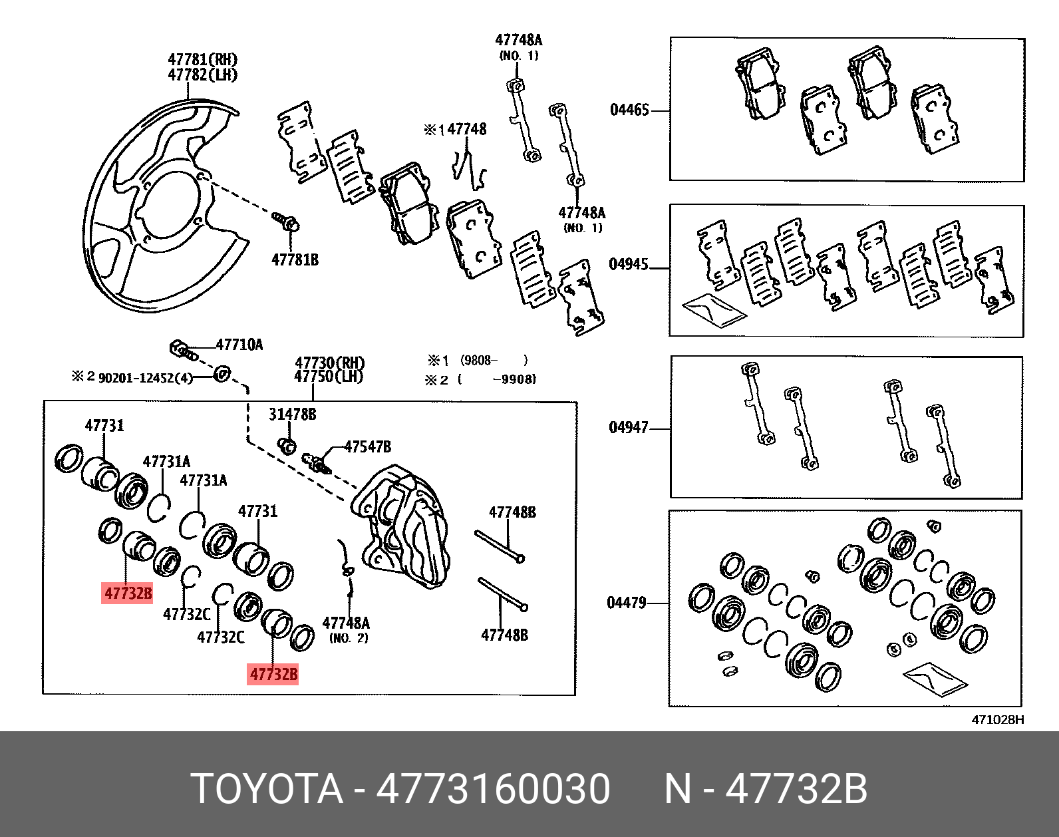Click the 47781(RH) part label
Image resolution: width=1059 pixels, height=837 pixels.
[x=202, y=60]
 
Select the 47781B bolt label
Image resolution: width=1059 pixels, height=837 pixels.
[x=295, y=259]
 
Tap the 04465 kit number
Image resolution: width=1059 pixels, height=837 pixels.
[x=629, y=110]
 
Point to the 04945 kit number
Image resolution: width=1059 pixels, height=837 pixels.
[x=629, y=264]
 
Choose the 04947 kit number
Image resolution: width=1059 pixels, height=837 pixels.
[x=629, y=427]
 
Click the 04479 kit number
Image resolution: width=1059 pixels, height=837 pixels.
[x=627, y=603]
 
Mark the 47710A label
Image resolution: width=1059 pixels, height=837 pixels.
[x=239, y=345]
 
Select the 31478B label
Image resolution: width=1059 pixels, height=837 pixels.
[x=292, y=415]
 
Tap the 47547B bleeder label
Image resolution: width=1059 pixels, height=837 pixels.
[x=367, y=446]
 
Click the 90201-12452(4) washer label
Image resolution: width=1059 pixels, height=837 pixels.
[x=145, y=378]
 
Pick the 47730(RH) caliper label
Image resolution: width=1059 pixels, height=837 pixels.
[x=330, y=363]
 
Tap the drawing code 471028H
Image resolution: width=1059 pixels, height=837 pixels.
[x=998, y=719]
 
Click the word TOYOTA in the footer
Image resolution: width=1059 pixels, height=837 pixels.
[x=267, y=789]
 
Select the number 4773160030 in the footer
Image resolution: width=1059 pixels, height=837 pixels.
[x=493, y=789]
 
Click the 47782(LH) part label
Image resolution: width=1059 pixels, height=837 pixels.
[x=202, y=75]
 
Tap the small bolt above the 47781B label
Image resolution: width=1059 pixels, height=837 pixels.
[x=286, y=221]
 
